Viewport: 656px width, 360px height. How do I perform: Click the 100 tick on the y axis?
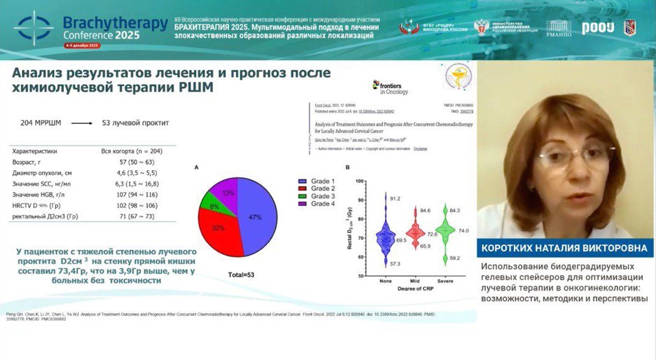[x=359, y=180]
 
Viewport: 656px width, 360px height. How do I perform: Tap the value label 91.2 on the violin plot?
[x=395, y=198]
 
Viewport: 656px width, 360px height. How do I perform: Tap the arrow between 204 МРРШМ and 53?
[x=81, y=123]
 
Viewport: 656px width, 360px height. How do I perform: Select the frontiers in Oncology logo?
[x=391, y=88]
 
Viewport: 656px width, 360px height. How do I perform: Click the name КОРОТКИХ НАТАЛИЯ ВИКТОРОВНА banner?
[x=564, y=248]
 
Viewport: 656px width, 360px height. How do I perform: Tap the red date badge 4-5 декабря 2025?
[x=81, y=46]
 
